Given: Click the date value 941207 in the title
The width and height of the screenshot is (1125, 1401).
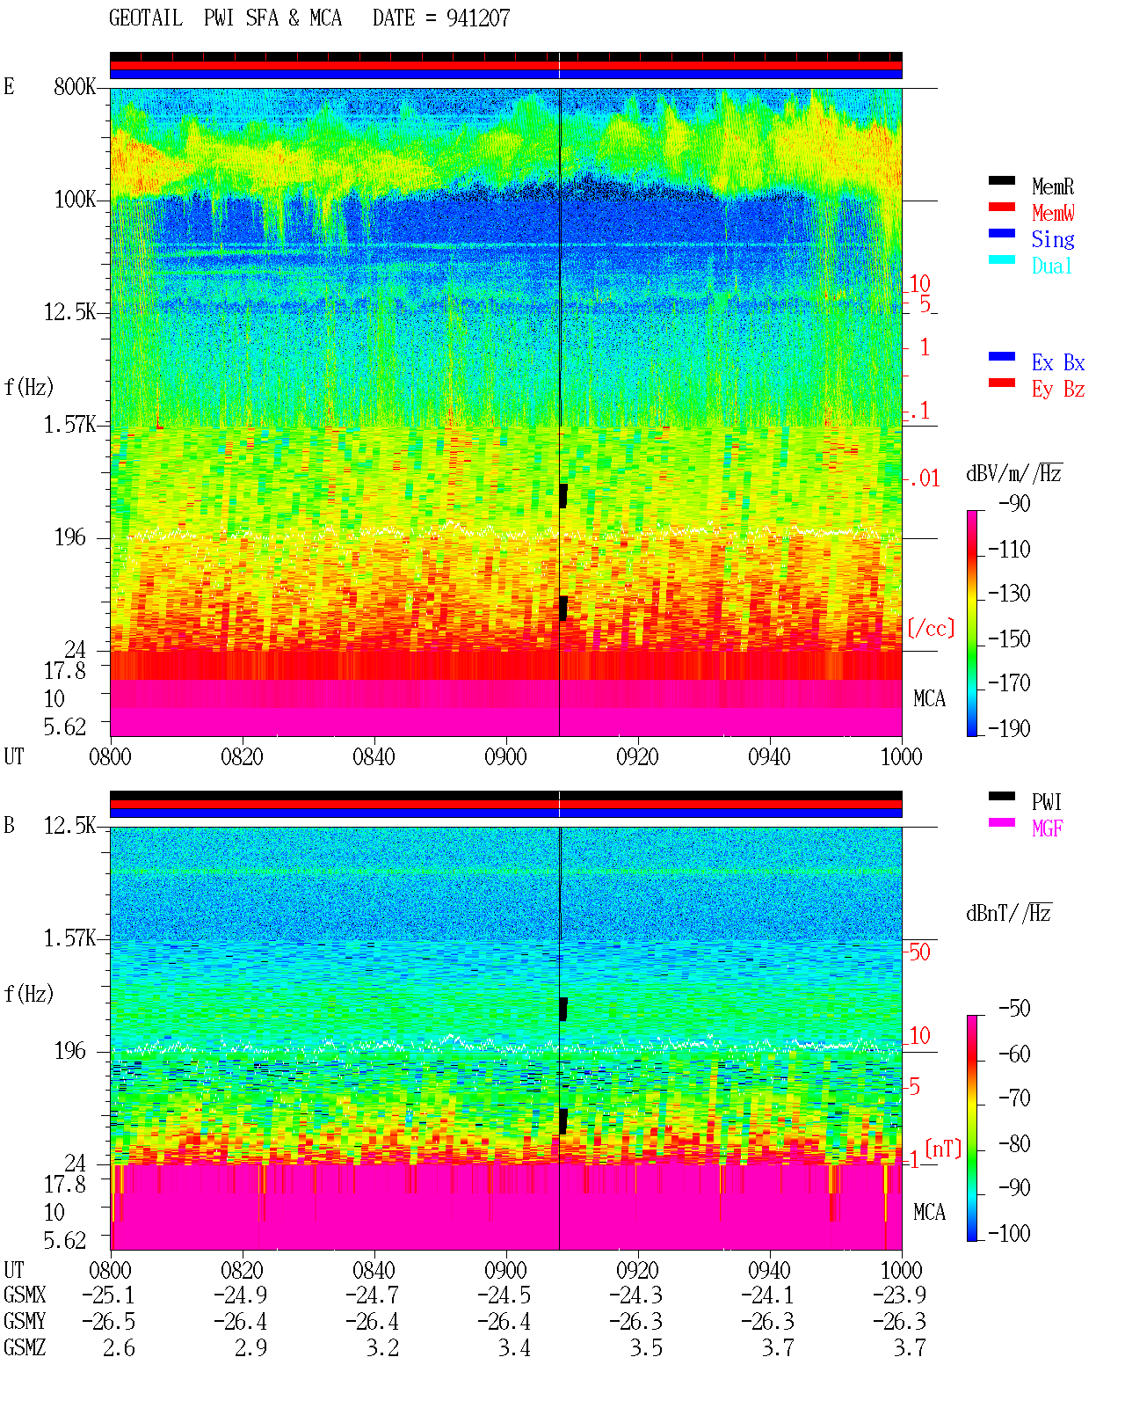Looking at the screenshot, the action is tap(478, 18).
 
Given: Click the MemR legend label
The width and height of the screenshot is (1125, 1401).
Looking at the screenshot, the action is tap(1053, 186).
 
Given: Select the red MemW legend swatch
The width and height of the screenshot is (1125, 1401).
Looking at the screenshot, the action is tap(1001, 207).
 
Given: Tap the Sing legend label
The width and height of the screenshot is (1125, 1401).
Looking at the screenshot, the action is tap(1053, 239).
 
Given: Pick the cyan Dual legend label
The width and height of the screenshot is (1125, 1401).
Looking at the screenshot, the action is tap(1052, 266).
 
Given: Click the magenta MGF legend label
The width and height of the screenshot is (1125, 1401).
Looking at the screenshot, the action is tap(1047, 828).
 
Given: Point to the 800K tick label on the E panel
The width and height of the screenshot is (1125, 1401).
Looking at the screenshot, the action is tap(75, 86).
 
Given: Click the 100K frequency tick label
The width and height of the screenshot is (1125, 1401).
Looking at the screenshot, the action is tap(75, 200).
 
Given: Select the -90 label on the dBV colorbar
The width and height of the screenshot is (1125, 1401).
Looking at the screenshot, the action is tap(1014, 503).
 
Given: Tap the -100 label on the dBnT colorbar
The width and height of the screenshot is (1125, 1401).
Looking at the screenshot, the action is tap(1009, 1233).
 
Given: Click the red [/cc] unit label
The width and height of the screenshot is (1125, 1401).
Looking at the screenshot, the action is tap(931, 628).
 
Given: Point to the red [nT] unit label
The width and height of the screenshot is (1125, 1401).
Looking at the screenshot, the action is tap(943, 1149).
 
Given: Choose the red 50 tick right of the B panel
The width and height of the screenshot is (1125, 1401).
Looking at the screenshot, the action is tap(919, 952).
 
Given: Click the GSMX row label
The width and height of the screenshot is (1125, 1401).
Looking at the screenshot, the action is tap(25, 1295).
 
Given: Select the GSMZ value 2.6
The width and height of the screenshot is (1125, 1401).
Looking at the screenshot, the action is tap(119, 1347).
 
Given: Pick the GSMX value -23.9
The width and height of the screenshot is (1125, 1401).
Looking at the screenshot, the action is tap(899, 1295).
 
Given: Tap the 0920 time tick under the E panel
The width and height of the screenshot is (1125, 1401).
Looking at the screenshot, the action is tap(637, 756).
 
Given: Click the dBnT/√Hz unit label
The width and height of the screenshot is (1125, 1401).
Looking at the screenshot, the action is tap(1009, 913).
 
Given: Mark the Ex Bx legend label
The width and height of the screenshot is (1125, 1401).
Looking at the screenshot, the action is tap(1058, 362).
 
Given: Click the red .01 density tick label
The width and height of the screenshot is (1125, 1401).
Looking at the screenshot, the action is tap(925, 478).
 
